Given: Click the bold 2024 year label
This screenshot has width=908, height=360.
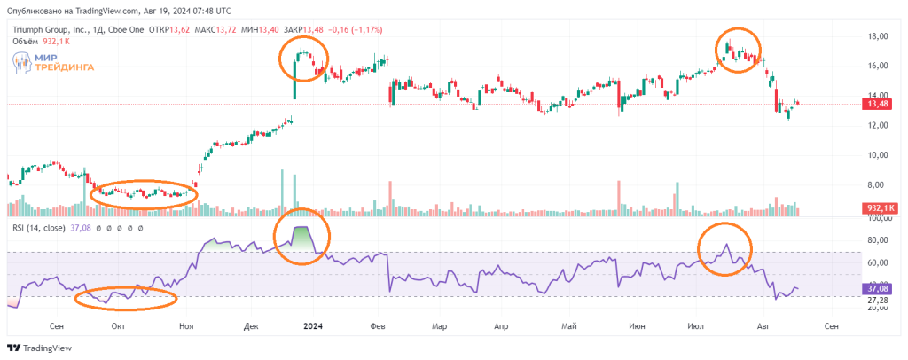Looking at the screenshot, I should click(x=312, y=325).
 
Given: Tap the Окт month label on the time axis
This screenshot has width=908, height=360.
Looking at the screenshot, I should click(x=117, y=325).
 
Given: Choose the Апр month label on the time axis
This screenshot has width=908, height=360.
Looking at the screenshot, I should click(x=503, y=325).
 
